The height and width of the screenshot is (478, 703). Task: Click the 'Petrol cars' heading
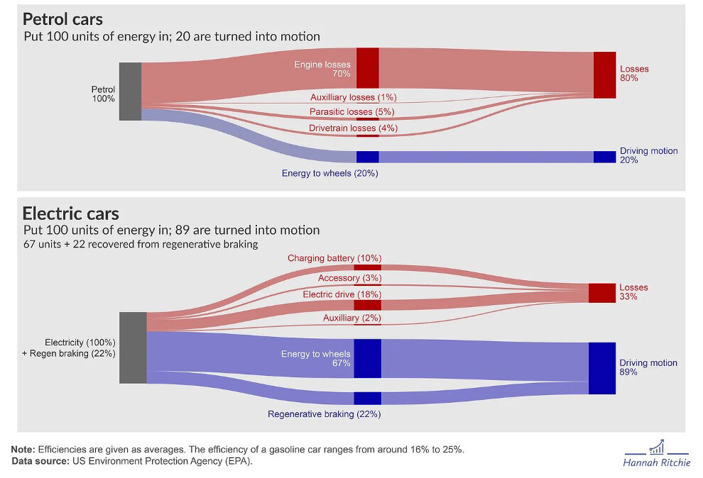point(62,19)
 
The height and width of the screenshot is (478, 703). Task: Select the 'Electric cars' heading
point(70,213)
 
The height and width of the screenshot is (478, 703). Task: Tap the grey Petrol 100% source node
point(130,91)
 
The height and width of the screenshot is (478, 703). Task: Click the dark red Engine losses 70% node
point(367,68)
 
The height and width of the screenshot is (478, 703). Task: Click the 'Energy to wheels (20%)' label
point(329,173)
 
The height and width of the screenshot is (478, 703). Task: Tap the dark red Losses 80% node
point(604,74)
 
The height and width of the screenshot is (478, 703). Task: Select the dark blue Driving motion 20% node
point(604,157)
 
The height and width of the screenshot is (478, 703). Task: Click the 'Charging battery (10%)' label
point(334,258)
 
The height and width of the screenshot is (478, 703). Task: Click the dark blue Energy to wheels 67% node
point(368,358)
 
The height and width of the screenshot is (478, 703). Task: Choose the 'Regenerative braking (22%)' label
point(324,414)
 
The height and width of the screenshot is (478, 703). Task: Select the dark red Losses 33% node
point(601,293)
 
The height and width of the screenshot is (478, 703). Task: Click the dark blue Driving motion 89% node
point(601,368)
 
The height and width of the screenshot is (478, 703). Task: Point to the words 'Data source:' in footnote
point(38,462)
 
